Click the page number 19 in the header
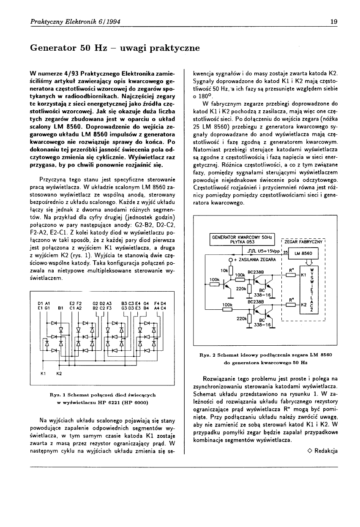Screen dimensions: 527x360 (x=333, y=22)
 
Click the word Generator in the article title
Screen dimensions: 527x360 (x=53, y=48)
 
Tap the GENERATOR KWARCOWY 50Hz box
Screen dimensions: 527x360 (x=243, y=239)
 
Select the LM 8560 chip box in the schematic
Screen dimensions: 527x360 (x=304, y=253)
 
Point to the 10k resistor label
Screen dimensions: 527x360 (x=224, y=270)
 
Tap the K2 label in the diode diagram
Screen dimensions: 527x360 (x=59, y=374)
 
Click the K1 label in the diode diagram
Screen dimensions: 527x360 (x=43, y=374)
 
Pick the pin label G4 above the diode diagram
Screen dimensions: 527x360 (x=146, y=303)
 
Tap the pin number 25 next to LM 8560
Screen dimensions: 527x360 (x=286, y=252)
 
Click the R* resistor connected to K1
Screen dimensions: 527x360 (x=291, y=275)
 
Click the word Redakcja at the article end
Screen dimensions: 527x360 (x=326, y=451)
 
